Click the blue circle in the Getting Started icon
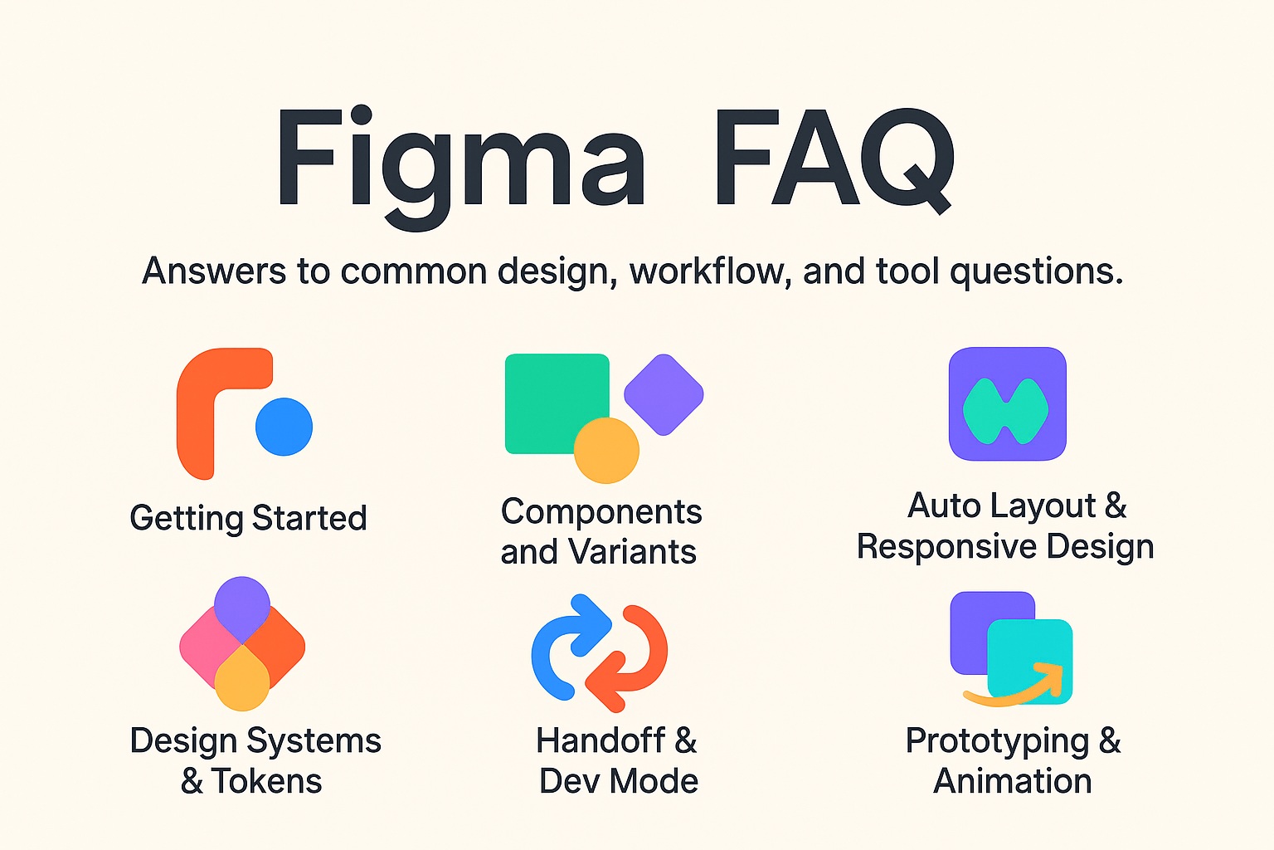point(284,427)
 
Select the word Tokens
point(266,781)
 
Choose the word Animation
point(1012,781)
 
